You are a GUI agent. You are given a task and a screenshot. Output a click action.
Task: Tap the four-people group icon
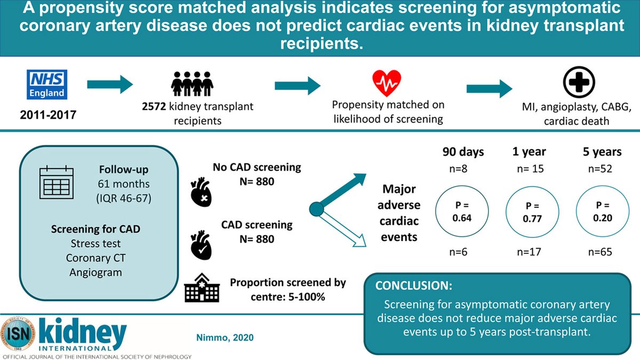(192, 84)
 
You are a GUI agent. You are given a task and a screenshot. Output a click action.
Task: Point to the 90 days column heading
(463, 151)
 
